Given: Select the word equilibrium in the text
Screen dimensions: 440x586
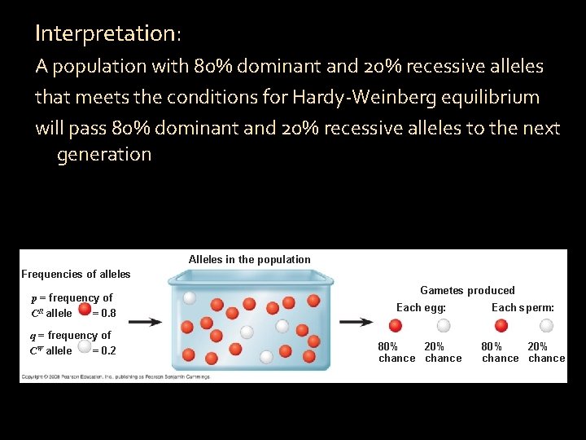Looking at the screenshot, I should point(498,98).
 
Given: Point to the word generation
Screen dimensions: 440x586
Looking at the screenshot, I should point(104,154).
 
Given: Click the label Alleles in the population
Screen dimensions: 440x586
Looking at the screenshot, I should point(249,260).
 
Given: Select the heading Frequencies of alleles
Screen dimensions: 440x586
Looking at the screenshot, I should point(76,274).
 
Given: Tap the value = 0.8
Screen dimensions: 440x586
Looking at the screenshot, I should point(104,313).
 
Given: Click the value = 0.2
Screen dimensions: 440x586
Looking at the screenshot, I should point(104,350).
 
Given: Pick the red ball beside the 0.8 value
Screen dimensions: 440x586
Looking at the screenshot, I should point(85,311).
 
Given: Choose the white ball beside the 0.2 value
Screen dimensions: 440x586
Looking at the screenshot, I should point(85,349).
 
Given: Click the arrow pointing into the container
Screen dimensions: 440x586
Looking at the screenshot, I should point(145,322).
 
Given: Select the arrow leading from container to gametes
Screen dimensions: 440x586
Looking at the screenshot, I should point(356,322).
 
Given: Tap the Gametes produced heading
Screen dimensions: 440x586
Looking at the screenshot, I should point(467,290).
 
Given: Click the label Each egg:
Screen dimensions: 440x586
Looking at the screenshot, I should point(421,307).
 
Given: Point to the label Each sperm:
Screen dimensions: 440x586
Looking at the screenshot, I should point(523,307).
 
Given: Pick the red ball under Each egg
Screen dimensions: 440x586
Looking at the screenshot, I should point(396,326).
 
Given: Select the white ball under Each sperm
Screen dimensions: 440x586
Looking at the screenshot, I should point(546,326).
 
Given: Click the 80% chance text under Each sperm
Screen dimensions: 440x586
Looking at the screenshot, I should point(500,352).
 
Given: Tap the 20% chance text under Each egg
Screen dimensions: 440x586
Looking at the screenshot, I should point(443,352).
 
